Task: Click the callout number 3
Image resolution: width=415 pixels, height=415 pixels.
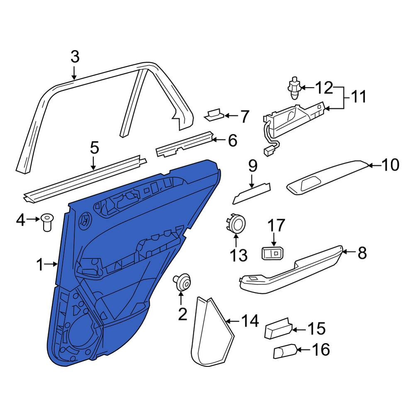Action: (75, 57)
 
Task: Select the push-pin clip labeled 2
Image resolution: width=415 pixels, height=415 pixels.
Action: (182, 282)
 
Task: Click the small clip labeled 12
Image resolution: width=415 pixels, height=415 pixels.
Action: (294, 88)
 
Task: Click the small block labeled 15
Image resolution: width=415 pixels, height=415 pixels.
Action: (279, 328)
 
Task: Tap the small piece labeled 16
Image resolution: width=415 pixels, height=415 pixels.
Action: (286, 351)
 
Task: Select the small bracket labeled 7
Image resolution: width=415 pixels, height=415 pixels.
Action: (214, 115)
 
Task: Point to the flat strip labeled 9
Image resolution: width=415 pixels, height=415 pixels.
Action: (252, 193)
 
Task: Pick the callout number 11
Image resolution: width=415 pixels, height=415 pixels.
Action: (359, 96)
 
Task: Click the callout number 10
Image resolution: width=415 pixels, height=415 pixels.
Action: (390, 165)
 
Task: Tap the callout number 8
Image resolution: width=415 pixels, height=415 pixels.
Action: (362, 252)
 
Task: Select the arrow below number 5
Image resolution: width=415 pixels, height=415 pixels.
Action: (93, 163)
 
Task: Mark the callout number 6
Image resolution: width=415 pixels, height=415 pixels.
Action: (233, 140)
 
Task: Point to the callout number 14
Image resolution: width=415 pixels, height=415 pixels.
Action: (250, 321)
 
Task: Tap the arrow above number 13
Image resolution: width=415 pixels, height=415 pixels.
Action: (236, 239)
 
